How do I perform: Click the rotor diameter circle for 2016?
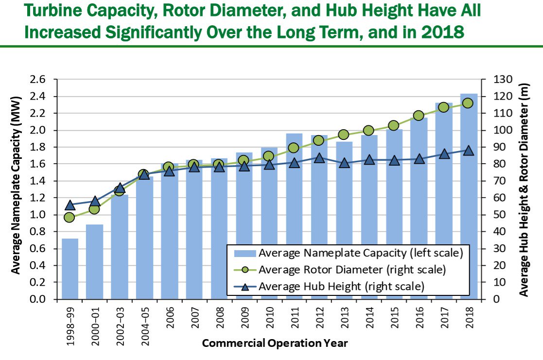(419, 116)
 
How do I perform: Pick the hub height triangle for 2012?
(319, 158)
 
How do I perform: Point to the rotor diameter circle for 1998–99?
(70, 217)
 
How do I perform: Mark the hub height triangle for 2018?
(469, 150)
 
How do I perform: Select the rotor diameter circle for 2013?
(344, 135)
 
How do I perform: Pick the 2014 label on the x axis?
(369, 318)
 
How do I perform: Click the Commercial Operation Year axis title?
(275, 343)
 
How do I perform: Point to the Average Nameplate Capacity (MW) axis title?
(16, 189)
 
